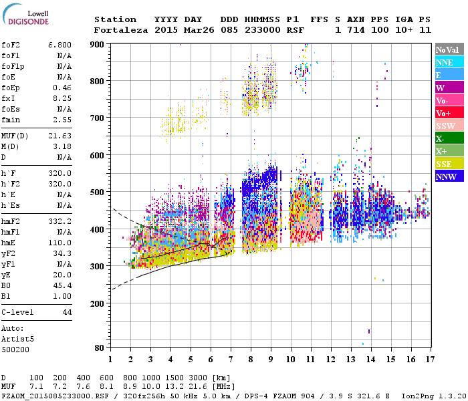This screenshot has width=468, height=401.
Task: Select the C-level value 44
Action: pyautogui.click(x=68, y=312)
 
